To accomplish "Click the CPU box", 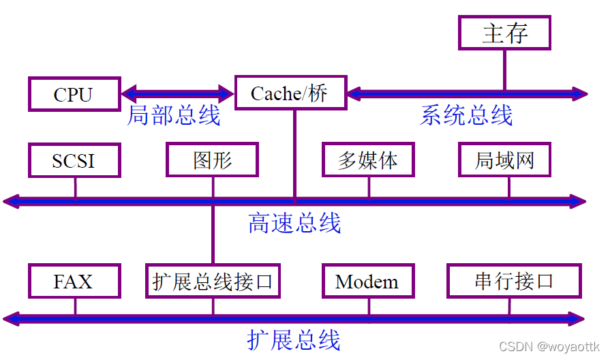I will click(74, 94).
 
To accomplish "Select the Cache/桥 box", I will click(290, 93).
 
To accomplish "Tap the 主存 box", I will click(504, 33).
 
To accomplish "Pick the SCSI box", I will click(74, 161).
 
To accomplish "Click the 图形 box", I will click(212, 161).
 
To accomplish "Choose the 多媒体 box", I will click(367, 161).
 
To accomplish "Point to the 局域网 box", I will click(504, 161).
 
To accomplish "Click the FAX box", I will click(74, 281).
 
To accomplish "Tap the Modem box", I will click(367, 281).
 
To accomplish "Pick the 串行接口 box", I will click(513, 281).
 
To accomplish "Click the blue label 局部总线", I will click(174, 116).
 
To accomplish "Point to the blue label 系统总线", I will click(466, 116).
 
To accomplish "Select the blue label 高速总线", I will click(294, 223).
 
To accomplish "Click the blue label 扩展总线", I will click(294, 340).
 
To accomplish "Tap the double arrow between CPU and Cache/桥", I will click(177, 93).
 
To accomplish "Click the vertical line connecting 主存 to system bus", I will click(504, 70).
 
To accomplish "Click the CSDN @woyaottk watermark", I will click(549, 348).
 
